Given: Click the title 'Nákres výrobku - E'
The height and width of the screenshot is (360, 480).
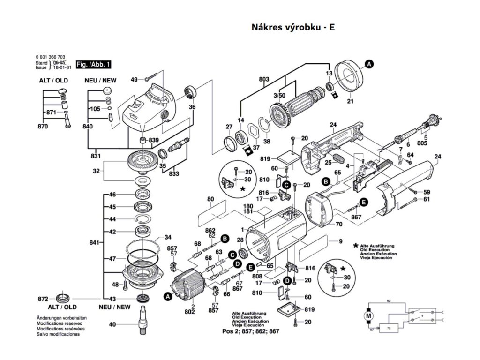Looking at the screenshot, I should click(x=293, y=27).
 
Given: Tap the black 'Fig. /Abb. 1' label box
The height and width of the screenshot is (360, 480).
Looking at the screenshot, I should click(x=94, y=64).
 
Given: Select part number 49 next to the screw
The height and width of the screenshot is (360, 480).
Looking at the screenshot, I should click(x=134, y=80).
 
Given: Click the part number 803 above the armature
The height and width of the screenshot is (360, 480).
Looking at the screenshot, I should click(x=264, y=80).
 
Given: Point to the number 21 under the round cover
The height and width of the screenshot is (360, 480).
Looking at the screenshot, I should click(x=350, y=101).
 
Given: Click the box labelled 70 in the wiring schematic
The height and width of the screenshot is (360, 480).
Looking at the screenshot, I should click(x=389, y=329).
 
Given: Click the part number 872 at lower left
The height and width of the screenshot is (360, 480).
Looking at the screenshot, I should click(x=43, y=299).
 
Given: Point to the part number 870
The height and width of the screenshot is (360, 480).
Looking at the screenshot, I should click(x=43, y=127).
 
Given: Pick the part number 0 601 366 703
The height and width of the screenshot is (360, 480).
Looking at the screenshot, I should click(x=50, y=57).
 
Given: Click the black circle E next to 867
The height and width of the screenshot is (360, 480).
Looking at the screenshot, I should click(x=363, y=202).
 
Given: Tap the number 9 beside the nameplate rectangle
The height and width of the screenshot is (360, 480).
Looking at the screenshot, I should click(x=341, y=241).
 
